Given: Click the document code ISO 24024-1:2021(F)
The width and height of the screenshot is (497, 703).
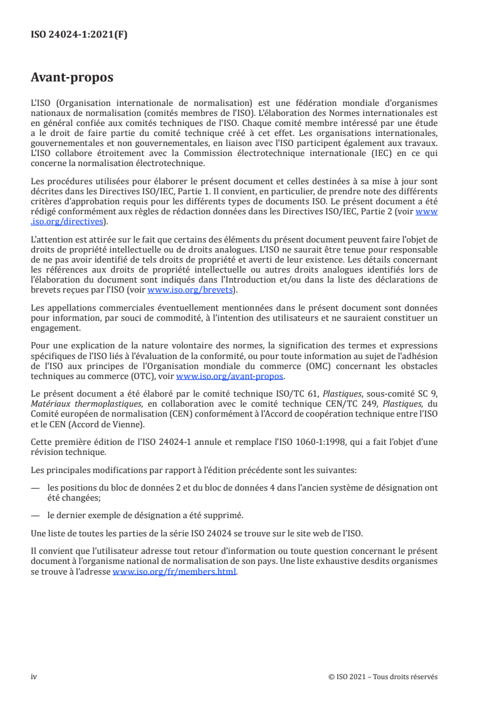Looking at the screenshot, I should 79,35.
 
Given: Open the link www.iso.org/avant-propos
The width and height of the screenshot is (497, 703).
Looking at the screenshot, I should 230,377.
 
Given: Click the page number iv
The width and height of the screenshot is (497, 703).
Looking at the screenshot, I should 34,677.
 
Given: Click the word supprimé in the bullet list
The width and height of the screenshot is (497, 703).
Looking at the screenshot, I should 224,515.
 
